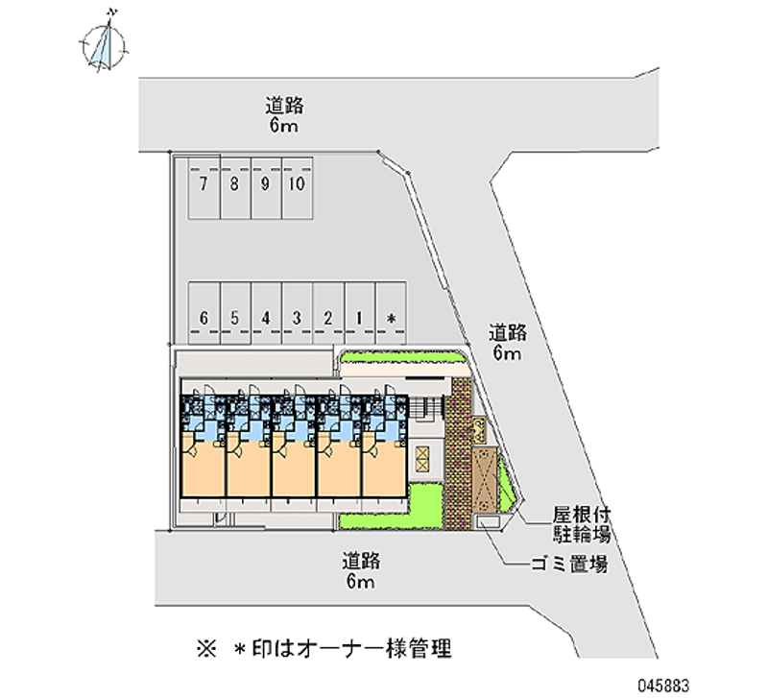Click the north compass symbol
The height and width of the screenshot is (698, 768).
[104, 45]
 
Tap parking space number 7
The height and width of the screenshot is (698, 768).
[204, 187]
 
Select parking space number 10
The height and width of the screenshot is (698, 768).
[298, 187]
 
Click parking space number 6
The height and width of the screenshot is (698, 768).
[204, 312]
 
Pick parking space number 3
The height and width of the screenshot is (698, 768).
[297, 312]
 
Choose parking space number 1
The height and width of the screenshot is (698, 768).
[359, 312]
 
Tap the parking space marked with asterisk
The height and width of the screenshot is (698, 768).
[391, 312]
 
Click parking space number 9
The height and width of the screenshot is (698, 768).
[266, 187]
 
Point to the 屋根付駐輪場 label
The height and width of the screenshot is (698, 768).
[582, 524]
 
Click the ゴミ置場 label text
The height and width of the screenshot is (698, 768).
[570, 565]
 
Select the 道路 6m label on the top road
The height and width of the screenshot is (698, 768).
[284, 115]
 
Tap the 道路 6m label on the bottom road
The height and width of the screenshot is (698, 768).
[361, 570]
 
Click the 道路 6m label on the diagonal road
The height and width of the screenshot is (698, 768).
[508, 343]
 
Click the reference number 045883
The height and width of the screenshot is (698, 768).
[663, 685]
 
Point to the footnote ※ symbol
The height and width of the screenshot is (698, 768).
[206, 649]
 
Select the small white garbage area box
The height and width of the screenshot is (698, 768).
[488, 522]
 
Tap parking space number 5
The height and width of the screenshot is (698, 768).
[235, 312]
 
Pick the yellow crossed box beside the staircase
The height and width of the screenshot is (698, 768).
[421, 459]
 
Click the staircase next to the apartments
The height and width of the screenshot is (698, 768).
[425, 407]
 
